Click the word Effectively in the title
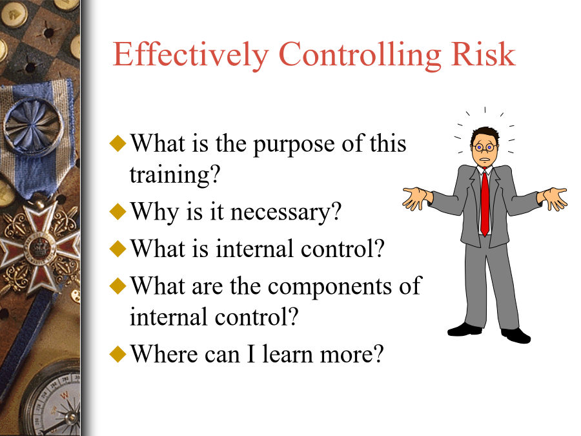[190, 55]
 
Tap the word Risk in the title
[483, 54]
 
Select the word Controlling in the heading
[360, 56]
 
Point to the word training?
[174, 175]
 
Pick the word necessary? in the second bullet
[285, 213]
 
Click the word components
[329, 287]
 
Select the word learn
[288, 354]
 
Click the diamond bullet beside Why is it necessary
[118, 211]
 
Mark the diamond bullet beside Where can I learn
[118, 354]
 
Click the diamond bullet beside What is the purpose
[118, 143]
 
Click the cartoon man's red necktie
[485, 203]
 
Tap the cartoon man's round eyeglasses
[484, 147]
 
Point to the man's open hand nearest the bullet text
[416, 198]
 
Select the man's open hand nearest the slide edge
[553, 198]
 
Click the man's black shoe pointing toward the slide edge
[516, 335]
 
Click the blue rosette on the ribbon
[33, 125]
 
